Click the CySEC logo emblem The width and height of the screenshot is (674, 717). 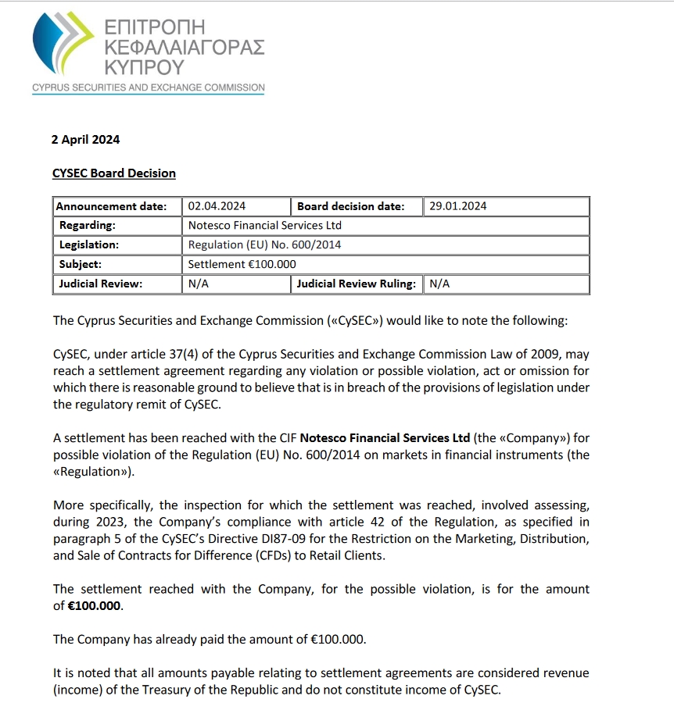pos(63,45)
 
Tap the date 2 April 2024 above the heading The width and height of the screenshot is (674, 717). pos(85,140)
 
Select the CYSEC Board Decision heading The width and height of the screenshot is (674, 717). pos(114,173)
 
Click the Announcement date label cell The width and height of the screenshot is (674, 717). pos(113,206)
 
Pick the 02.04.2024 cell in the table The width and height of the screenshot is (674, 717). pos(217,206)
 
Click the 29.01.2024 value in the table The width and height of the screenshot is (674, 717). pos(458,206)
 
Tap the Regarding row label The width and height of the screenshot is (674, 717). pos(88,226)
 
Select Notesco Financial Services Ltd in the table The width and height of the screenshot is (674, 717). pos(265,226)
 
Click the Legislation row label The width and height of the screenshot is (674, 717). pos(89,245)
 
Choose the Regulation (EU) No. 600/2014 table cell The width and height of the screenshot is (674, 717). pos(265,245)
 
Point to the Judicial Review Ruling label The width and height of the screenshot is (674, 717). pos(356,284)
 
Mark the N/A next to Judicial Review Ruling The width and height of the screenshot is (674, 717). pos(439,284)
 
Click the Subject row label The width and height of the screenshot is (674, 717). pos(81,265)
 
